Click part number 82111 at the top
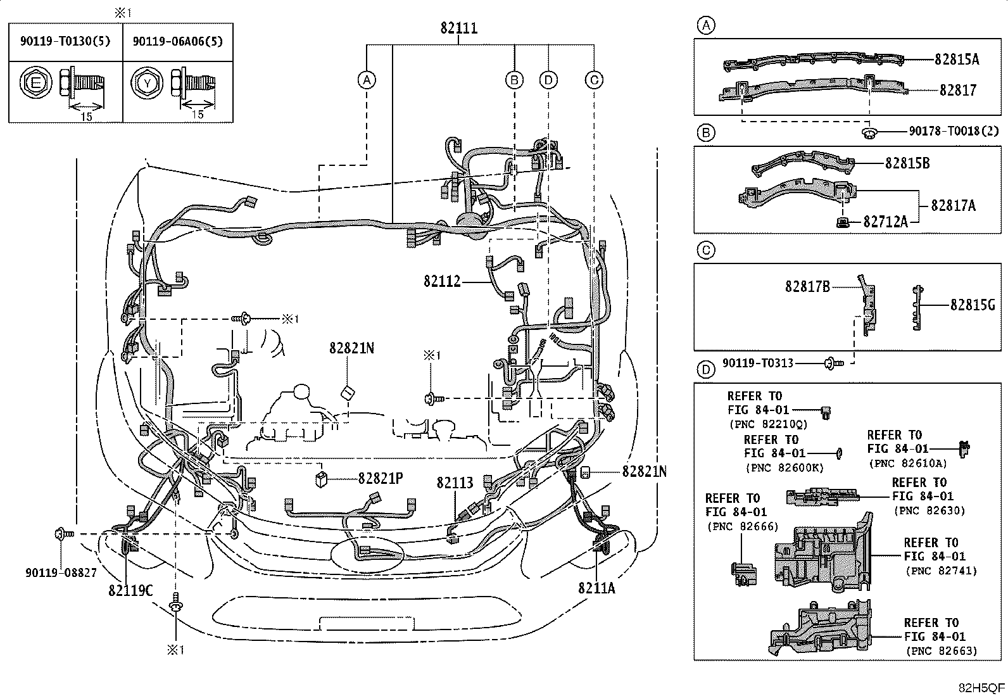pos(459,28)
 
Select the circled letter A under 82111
pos(366,80)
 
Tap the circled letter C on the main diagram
pos(593,80)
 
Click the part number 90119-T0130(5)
pos(65,42)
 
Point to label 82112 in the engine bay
pos(443,281)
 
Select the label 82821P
pos(381,479)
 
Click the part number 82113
pos(455,483)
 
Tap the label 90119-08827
pos(61,573)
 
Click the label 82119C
pos(130,590)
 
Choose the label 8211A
pos(596,588)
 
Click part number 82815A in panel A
pos(956,60)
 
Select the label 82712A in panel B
pos(886,222)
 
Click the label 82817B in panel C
pos(807,286)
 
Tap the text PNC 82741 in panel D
pos(942,571)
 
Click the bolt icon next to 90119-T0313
pos(833,364)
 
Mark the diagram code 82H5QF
pos(981,688)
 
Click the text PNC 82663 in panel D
pos(942,650)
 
